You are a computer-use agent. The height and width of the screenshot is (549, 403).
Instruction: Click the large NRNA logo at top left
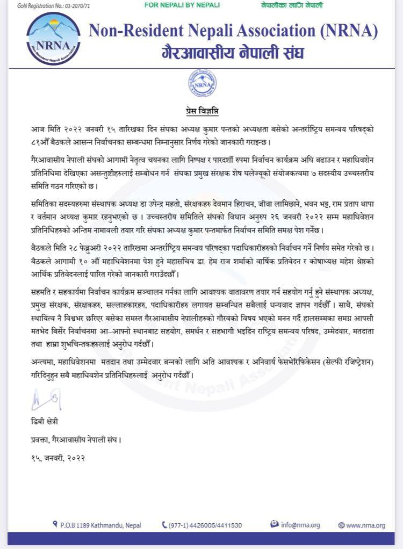(x=53, y=38)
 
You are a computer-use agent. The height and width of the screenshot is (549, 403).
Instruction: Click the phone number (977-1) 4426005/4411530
(x=205, y=525)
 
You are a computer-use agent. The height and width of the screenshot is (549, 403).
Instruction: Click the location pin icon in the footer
(x=55, y=524)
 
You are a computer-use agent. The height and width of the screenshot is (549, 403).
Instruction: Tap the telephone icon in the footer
(x=164, y=525)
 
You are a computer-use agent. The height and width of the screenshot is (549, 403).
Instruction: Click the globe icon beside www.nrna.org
(x=341, y=525)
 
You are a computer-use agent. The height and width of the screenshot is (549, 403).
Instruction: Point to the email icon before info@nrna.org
(x=274, y=524)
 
